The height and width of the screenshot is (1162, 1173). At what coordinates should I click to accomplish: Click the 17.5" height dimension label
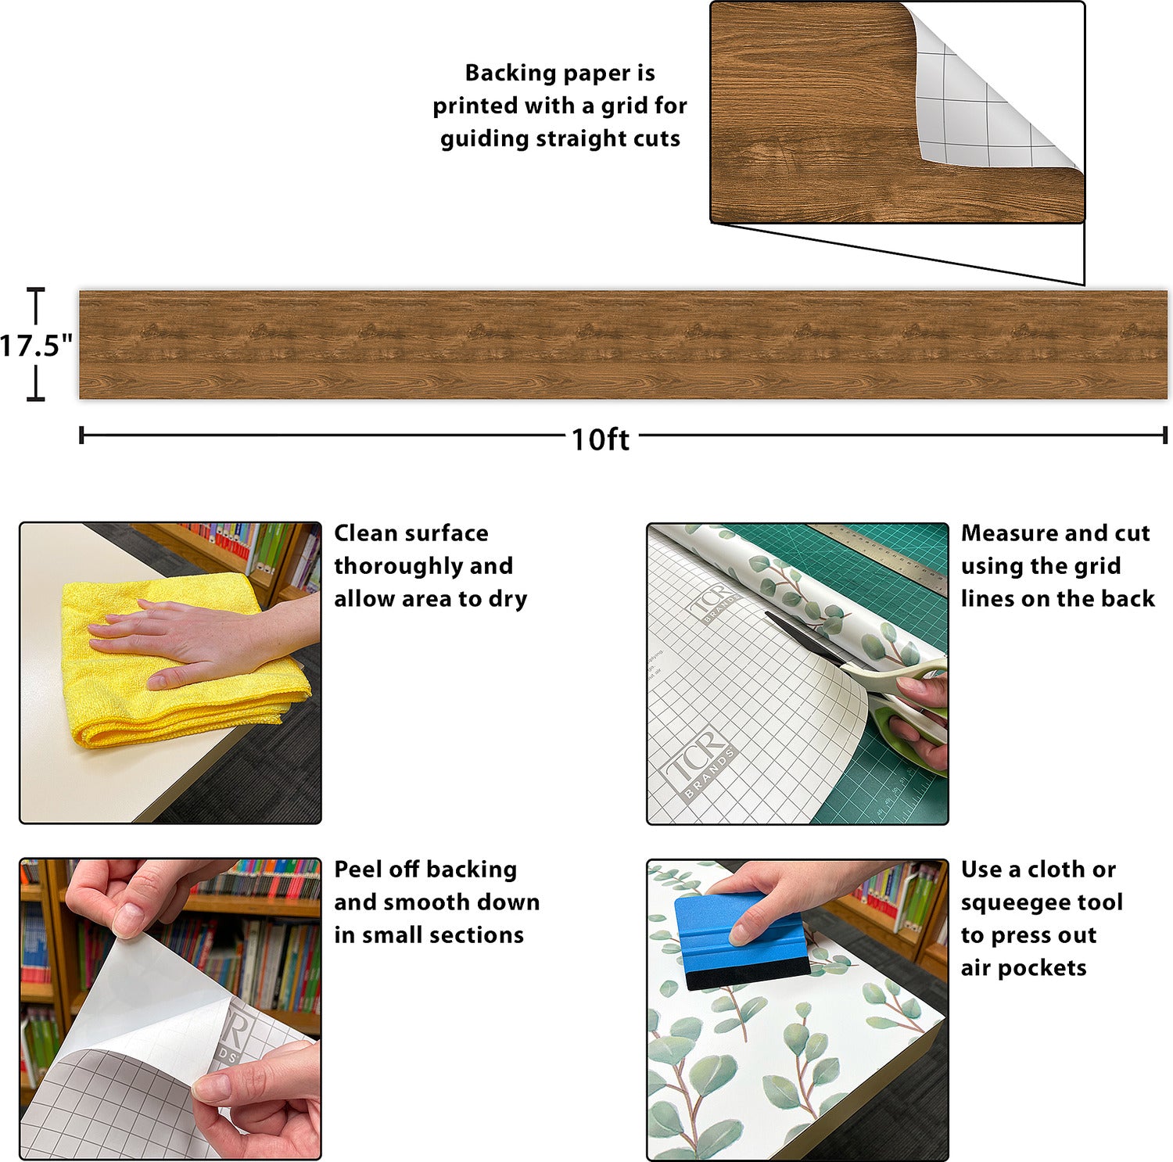(x=36, y=345)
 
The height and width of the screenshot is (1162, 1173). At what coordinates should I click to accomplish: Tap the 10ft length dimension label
(x=600, y=439)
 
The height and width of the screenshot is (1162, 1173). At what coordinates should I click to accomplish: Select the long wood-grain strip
(x=623, y=345)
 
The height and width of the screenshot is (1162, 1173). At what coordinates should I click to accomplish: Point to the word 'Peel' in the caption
(x=357, y=869)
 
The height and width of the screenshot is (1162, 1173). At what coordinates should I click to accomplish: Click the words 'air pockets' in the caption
(x=1024, y=968)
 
